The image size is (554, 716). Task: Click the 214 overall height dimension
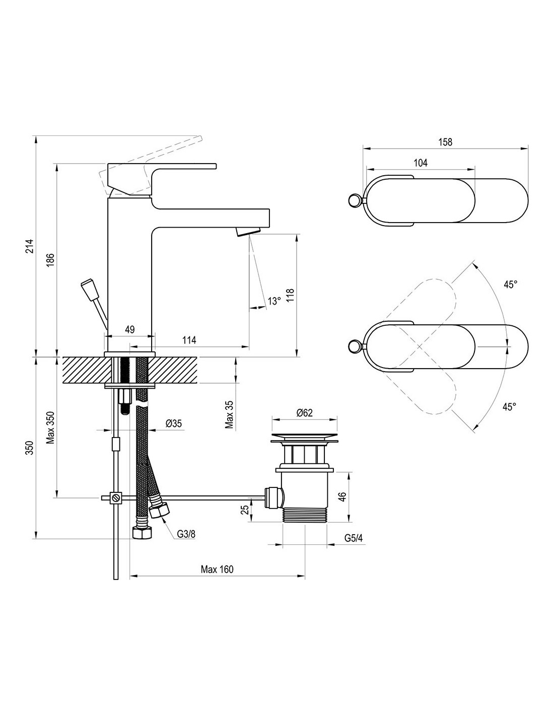30,246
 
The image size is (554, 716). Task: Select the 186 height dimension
50,260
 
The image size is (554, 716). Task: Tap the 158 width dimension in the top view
445,142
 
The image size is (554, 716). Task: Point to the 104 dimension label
421,163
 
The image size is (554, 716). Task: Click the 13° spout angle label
274,301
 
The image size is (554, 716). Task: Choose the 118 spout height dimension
290,296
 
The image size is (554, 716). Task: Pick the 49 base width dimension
130,329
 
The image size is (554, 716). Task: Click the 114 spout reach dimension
189,340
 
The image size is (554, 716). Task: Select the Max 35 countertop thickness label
229,414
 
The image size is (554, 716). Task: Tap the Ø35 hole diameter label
174,423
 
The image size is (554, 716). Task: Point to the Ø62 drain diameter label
304,413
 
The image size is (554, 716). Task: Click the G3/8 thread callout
186,534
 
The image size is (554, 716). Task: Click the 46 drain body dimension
342,496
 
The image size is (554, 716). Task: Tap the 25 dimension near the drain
245,510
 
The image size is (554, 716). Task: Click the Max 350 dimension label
50,427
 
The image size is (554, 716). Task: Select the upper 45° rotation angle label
510,284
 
